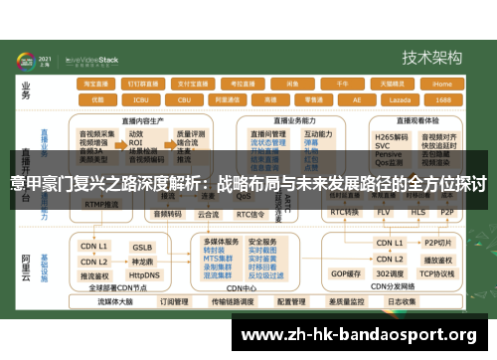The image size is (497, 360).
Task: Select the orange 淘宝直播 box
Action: pos(97,85)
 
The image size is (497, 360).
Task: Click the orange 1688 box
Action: pos(442,100)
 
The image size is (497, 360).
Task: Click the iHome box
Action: pos(442,85)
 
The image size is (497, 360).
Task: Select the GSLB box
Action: pos(142,246)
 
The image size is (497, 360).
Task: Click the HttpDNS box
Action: pos(144,274)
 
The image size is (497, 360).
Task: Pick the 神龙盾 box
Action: pos(142,261)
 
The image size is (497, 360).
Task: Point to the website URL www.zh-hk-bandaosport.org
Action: pos(360,333)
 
